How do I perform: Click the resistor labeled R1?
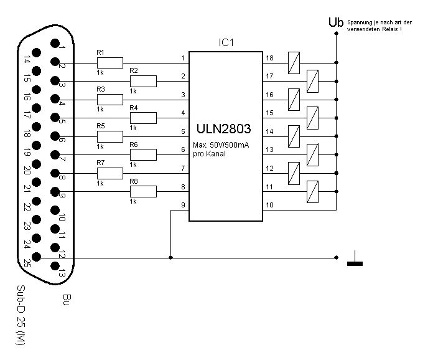109,62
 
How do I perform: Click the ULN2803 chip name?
225,130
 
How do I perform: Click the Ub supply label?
336,22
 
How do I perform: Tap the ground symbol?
355,260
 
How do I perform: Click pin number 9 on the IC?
183,205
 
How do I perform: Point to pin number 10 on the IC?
269,205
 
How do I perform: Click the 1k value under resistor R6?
133,165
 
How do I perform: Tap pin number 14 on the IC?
269,131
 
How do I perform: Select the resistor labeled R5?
109,136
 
